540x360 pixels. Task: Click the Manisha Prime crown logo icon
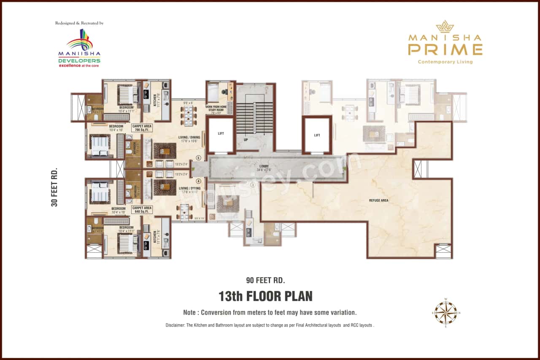[x=445, y=27]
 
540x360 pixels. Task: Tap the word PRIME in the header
[x=445, y=50]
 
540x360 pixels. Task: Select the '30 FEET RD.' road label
[x=54, y=187]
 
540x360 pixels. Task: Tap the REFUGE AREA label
[x=378, y=200]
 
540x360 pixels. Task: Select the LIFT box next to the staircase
[x=221, y=134]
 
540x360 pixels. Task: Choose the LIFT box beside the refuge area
[x=317, y=135]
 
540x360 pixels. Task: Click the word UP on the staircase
[x=246, y=139]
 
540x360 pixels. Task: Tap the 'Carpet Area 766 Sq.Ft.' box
[x=142, y=128]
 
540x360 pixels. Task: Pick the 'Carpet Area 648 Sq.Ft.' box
[x=142, y=210]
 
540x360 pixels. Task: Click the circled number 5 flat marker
[x=198, y=158]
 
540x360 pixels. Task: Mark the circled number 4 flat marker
[x=198, y=181]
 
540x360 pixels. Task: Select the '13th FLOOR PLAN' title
[x=265, y=296]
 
